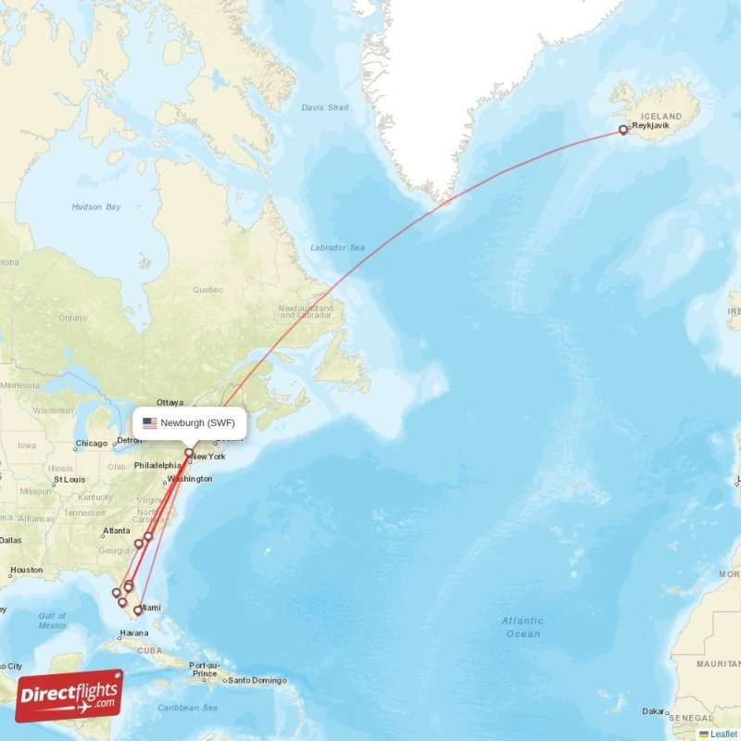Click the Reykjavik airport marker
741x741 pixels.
[623, 131]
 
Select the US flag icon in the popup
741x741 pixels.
[150, 423]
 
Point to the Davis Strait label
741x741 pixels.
[324, 107]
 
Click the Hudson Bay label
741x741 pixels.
[96, 207]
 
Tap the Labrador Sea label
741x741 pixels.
[337, 247]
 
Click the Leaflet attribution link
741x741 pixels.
[723, 734]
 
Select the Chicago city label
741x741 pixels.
[92, 443]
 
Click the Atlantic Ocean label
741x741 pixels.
[522, 627]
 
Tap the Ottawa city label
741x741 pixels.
[170, 402]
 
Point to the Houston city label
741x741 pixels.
[26, 571]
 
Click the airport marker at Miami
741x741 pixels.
[138, 610]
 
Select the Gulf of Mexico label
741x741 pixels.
[53, 621]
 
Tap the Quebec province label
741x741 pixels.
[207, 289]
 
